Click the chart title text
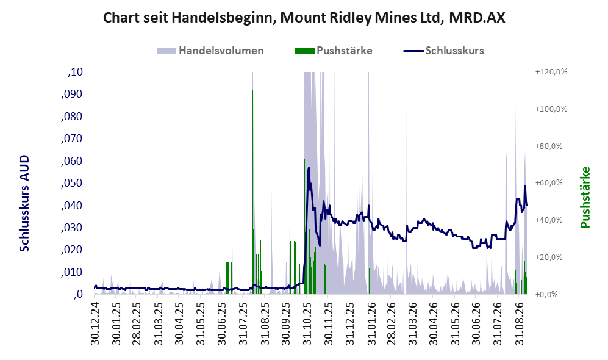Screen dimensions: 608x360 click(304, 18)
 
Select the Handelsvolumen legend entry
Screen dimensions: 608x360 click(210, 51)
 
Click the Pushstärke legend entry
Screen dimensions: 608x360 click(334, 51)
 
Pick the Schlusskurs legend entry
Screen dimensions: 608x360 click(443, 51)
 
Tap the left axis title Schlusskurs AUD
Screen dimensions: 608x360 click(24, 203)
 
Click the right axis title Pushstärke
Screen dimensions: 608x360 click(585, 197)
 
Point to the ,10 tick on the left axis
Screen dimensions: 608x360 click(75, 72)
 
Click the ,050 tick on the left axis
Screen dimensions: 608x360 click(72, 183)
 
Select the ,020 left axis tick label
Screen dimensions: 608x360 click(72, 250)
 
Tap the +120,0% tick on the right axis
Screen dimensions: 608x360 click(551, 72)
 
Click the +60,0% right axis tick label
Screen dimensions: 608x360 click(549, 183)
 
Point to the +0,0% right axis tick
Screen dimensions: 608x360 click(546, 295)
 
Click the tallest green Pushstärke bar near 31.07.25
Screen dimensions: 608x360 click(253, 192)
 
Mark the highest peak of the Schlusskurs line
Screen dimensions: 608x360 click(309, 168)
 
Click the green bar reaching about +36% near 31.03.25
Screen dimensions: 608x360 click(163, 261)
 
